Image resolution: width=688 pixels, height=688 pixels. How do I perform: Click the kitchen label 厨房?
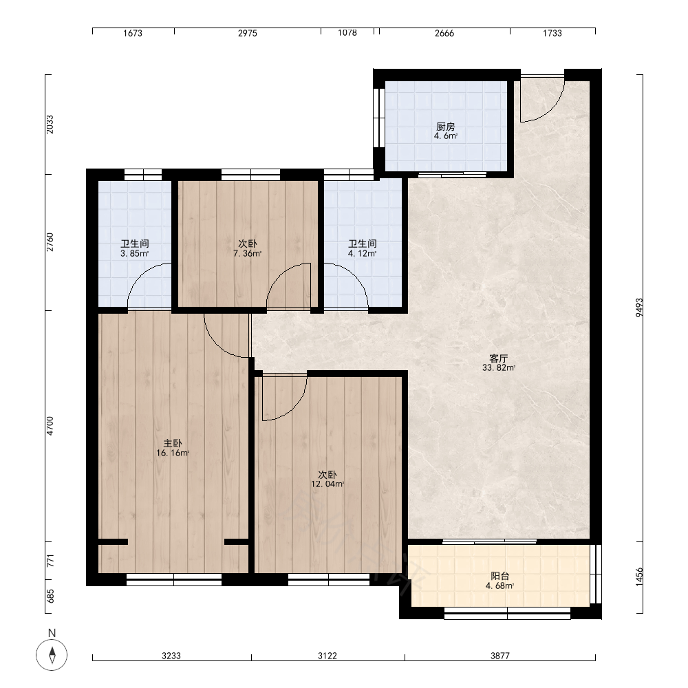445,127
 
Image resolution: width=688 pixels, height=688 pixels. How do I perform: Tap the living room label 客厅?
498,358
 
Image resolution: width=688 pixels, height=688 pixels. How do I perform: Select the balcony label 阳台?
499,576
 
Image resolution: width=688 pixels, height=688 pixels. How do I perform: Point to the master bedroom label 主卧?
173,443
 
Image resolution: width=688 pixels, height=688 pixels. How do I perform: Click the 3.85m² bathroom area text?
135,254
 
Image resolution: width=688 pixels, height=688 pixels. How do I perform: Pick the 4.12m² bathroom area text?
363,254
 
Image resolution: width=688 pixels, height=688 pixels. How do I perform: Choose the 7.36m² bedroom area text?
248,254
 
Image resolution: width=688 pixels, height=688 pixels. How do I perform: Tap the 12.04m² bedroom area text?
327,484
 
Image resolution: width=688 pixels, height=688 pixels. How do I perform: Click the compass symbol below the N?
52,655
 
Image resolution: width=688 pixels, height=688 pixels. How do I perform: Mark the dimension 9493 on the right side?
639,308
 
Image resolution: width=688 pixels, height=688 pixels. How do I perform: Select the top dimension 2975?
248,33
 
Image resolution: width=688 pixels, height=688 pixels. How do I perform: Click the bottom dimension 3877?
499,656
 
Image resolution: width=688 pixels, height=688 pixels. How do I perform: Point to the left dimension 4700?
50,426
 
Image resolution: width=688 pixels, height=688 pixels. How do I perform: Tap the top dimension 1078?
347,33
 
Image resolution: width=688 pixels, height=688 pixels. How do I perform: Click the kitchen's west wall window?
377,118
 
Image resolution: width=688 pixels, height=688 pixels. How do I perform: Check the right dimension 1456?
639,577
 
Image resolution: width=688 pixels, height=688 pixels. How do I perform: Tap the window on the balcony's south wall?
507,614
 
